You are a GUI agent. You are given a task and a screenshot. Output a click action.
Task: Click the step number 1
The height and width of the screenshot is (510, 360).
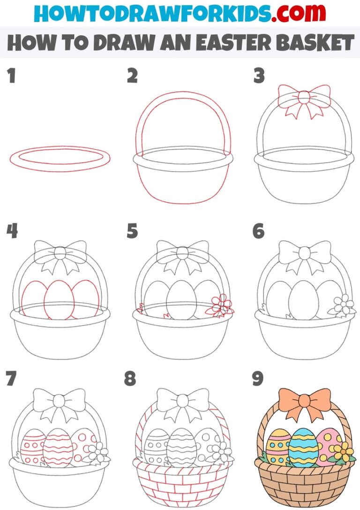point(11,76)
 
